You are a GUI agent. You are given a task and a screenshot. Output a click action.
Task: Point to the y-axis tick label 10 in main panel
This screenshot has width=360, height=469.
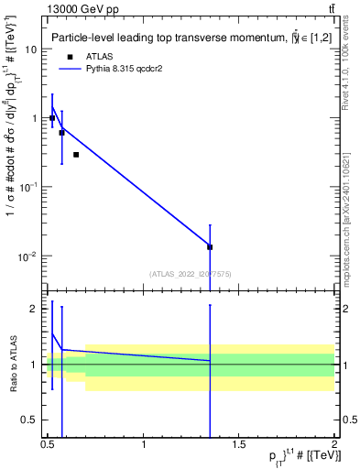[30, 49]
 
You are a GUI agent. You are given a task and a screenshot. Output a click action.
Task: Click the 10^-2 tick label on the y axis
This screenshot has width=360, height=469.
[28, 256]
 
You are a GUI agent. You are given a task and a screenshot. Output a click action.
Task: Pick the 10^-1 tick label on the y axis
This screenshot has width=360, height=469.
[28, 188]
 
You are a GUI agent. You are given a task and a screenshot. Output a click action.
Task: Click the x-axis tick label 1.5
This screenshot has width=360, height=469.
[239, 445]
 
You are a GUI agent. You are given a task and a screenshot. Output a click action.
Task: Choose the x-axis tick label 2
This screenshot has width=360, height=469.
[334, 445]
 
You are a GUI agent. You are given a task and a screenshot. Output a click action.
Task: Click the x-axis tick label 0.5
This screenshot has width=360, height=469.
[49, 445]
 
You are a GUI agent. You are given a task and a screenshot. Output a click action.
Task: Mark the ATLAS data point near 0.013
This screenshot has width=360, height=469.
[210, 247]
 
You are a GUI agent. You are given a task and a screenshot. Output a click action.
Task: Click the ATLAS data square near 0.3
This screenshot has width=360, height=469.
[76, 155]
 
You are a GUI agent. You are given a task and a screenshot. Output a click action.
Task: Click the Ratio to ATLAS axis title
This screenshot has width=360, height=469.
[13, 365]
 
